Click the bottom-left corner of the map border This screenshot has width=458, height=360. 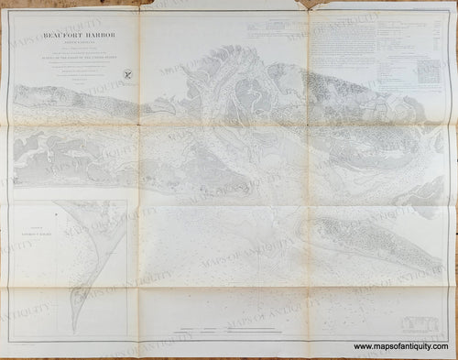tap(10, 342)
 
